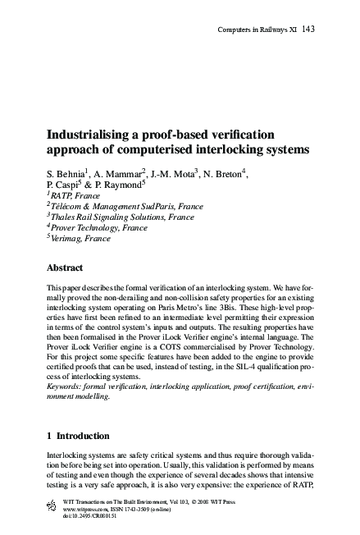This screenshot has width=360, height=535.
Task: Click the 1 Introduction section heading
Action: (85, 436)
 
